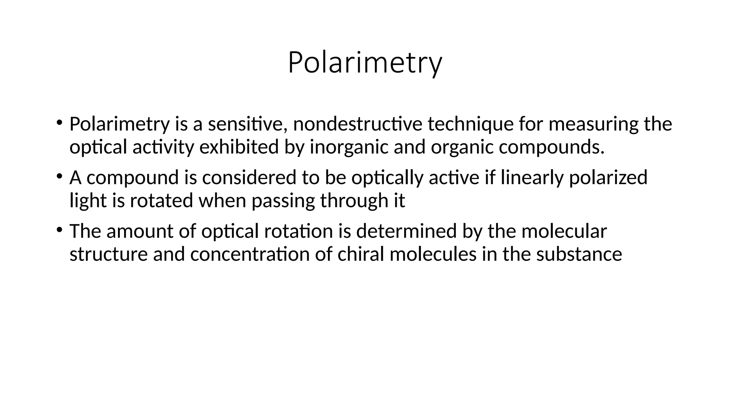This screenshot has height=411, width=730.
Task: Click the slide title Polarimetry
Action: tap(365, 63)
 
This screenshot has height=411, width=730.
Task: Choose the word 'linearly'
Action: tap(532, 178)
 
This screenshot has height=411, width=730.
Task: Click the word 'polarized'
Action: tap(608, 178)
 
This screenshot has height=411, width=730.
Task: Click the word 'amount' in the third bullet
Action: tap(140, 231)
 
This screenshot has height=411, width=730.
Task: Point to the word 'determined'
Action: tap(406, 231)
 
